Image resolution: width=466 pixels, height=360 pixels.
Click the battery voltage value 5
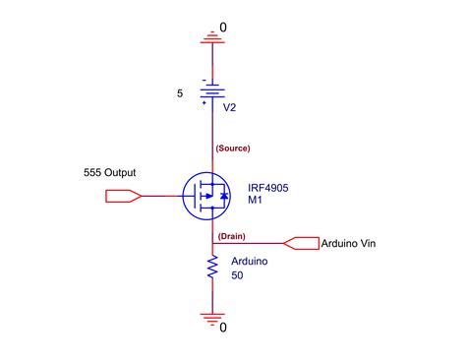179,95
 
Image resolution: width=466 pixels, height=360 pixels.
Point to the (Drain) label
231,237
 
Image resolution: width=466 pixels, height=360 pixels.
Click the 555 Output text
111,173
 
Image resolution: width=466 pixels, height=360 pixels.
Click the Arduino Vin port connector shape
300,242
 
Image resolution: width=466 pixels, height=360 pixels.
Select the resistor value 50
239,276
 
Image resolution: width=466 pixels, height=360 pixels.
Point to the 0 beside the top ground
222,27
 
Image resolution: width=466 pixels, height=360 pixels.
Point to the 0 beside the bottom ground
222,327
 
